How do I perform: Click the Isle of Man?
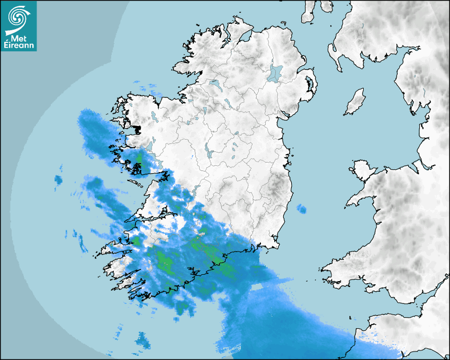click(355, 102)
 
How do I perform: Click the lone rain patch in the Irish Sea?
click(301, 209)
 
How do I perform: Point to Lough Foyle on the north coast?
click(245, 37)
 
